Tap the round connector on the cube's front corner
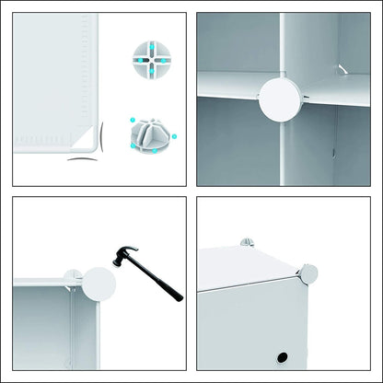point(308,273)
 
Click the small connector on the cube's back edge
point(246,243)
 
